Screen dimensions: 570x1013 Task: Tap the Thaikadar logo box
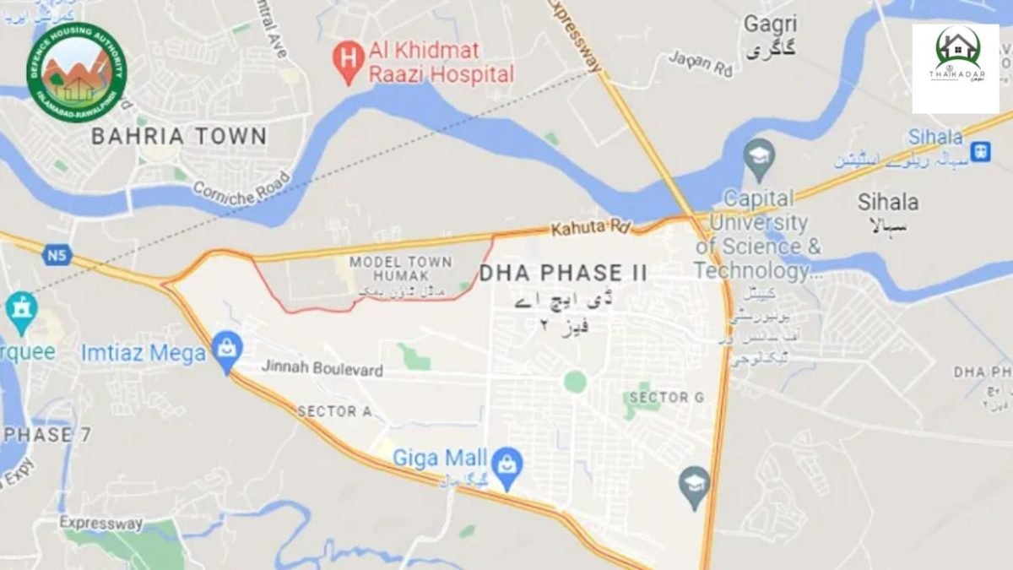[955, 68]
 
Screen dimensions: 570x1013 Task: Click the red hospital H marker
[346, 60]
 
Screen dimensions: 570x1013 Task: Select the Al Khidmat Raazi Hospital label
[441, 62]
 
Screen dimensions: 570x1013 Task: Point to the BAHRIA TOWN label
[179, 136]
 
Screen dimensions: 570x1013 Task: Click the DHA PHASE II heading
[563, 273]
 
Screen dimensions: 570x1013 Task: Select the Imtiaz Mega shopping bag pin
[227, 349]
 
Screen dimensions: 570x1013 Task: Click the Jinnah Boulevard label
[322, 369]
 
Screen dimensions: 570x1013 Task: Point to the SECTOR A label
[334, 411]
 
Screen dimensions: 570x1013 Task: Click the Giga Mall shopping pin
[507, 465]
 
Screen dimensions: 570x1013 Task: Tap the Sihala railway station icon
[980, 151]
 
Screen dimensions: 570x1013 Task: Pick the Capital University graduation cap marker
[760, 158]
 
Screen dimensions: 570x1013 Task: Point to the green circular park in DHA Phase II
[575, 382]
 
